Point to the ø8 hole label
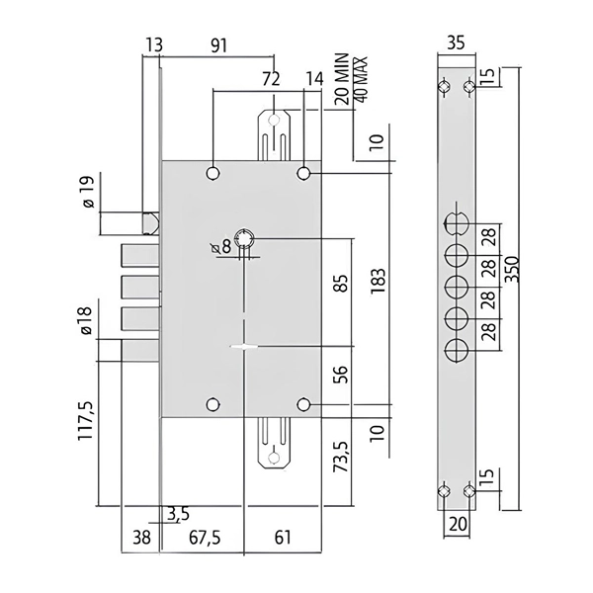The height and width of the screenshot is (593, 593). (221, 247)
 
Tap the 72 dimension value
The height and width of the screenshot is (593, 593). (269, 78)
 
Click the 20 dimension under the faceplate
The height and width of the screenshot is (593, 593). (456, 524)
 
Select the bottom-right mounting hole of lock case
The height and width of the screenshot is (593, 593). (303, 404)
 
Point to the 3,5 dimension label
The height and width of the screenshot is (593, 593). (179, 512)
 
